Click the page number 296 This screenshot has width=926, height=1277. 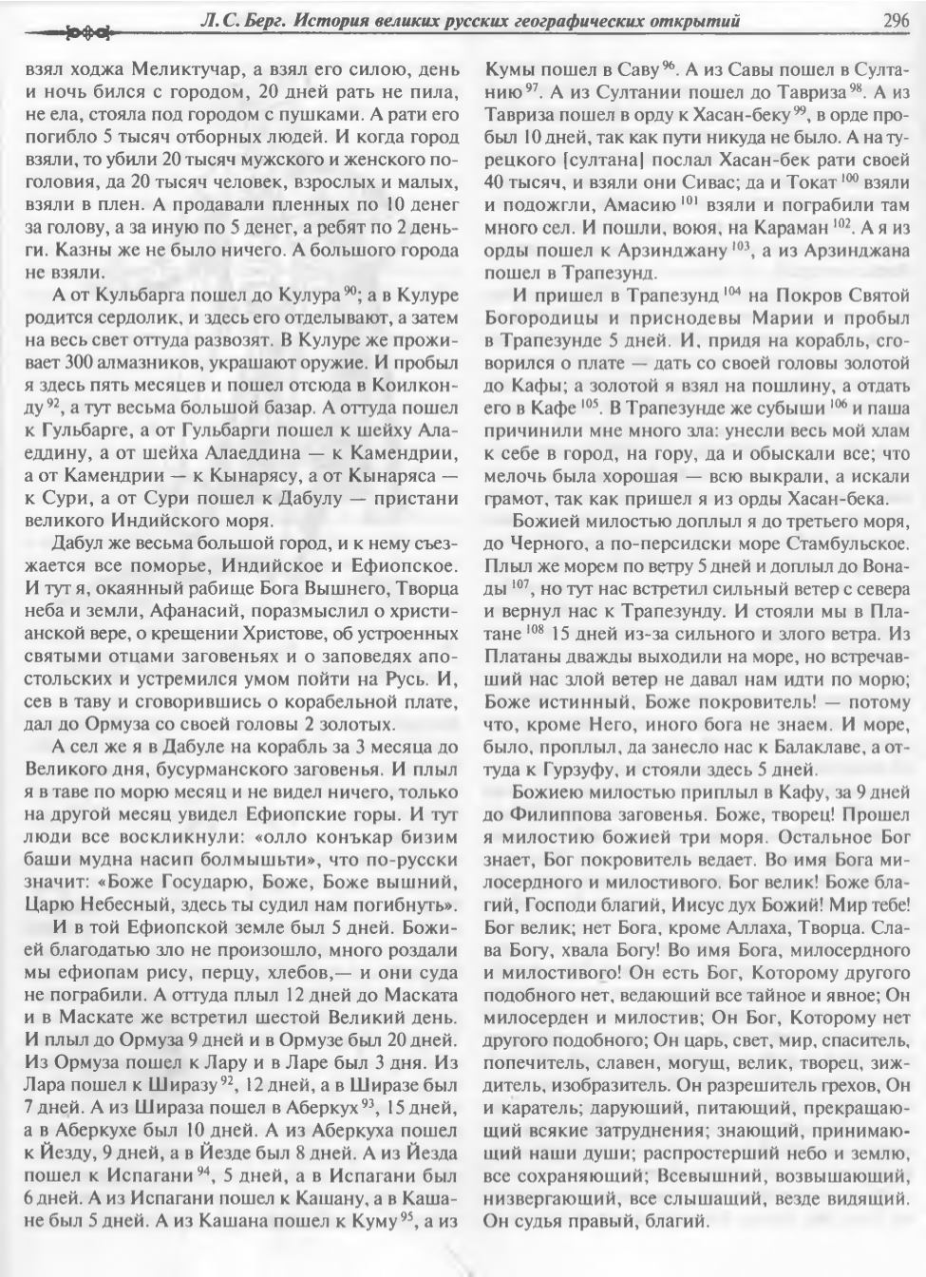pyautogui.click(x=894, y=19)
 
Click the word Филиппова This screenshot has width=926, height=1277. pyautogui.click(x=564, y=812)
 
